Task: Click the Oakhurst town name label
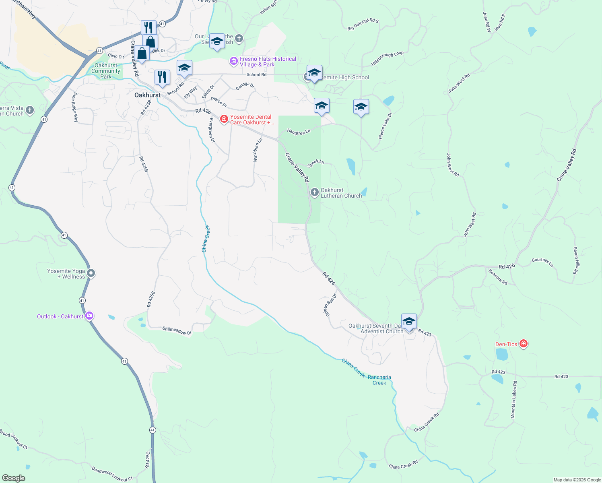pyautogui.click(x=147, y=95)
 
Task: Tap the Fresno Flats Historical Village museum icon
pyautogui.click(x=233, y=62)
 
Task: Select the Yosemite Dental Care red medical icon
pyautogui.click(x=224, y=119)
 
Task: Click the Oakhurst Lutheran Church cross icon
pyautogui.click(x=314, y=192)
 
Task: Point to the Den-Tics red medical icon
pyautogui.click(x=523, y=344)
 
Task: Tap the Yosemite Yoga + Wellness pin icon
pyautogui.click(x=91, y=273)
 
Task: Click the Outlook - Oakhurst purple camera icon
pyautogui.click(x=89, y=316)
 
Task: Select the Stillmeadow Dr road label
pyautogui.click(x=177, y=331)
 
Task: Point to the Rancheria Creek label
pyautogui.click(x=379, y=380)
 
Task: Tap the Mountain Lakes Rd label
pyautogui.click(x=514, y=400)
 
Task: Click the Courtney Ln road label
pyautogui.click(x=542, y=262)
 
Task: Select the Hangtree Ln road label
pyautogui.click(x=299, y=132)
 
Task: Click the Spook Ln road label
pyautogui.click(x=315, y=163)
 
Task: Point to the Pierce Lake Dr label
pyautogui.click(x=385, y=126)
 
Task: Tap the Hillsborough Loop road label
pyautogui.click(x=387, y=59)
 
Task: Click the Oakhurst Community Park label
pyautogui.click(x=106, y=71)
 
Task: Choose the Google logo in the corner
pyautogui.click(x=14, y=478)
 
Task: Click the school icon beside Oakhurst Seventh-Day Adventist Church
pyautogui.click(x=408, y=322)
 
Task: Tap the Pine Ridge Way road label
pyautogui.click(x=75, y=107)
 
